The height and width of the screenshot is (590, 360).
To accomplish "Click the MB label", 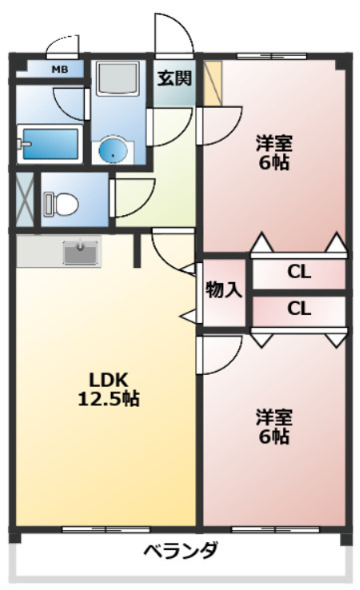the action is pyautogui.click(x=60, y=70).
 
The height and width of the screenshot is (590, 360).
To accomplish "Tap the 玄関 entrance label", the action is pyautogui.click(x=175, y=79).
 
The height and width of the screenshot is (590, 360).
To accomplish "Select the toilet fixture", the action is pyautogui.click(x=61, y=204).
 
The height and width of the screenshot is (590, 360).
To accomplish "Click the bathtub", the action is pyautogui.click(x=50, y=145).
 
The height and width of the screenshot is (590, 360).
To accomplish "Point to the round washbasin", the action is pyautogui.click(x=113, y=150).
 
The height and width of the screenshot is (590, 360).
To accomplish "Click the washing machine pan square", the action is pyautogui.click(x=118, y=79).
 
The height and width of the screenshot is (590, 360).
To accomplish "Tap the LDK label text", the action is pyautogui.click(x=109, y=381).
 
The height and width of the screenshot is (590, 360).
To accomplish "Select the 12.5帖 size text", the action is pyautogui.click(x=109, y=399).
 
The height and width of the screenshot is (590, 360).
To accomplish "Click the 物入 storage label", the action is pyautogui.click(x=223, y=290).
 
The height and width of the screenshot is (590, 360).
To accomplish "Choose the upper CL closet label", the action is pyautogui.click(x=299, y=272).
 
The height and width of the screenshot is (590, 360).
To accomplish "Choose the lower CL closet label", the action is pyautogui.click(x=299, y=309).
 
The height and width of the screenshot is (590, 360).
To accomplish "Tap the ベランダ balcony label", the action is pyautogui.click(x=180, y=551).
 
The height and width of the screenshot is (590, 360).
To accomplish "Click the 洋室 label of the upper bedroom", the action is pyautogui.click(x=274, y=144).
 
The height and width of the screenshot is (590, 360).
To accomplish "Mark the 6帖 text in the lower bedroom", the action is pyautogui.click(x=274, y=437).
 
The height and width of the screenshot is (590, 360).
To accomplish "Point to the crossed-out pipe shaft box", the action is pyautogui.click(x=25, y=199).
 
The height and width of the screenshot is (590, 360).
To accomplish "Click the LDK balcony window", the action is pyautogui.click(x=106, y=530).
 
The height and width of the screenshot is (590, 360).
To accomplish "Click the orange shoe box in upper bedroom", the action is pyautogui.click(x=212, y=83).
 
